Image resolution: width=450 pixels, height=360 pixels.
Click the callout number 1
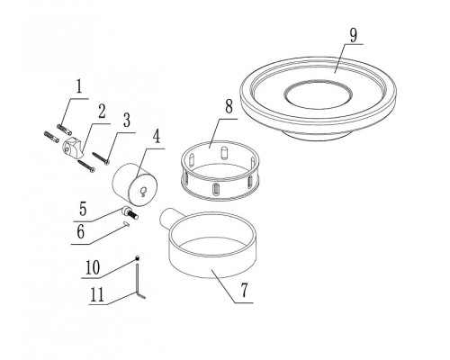79,87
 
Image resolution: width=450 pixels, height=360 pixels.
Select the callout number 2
102,112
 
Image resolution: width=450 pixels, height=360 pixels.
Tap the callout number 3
127,121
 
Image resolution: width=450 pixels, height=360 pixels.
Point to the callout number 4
157,137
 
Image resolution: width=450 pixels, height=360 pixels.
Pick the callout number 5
83,209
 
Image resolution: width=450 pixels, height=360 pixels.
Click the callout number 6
81,232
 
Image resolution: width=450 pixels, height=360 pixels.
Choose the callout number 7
245,290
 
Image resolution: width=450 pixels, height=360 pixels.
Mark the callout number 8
229,106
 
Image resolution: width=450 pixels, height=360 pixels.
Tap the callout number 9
354,36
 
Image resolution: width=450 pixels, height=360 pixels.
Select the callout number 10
93,267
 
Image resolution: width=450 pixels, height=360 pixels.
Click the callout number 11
97,294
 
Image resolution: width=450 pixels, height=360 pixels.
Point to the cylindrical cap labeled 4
135,184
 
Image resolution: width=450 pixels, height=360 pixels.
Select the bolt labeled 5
130,213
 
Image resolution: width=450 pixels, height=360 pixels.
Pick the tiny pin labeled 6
126,223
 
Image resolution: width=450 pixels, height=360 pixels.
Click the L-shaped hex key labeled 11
139,281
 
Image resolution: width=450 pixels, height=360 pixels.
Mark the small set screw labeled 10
137,257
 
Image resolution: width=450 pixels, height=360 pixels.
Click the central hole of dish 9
318,94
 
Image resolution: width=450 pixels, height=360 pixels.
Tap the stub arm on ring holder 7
166,219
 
